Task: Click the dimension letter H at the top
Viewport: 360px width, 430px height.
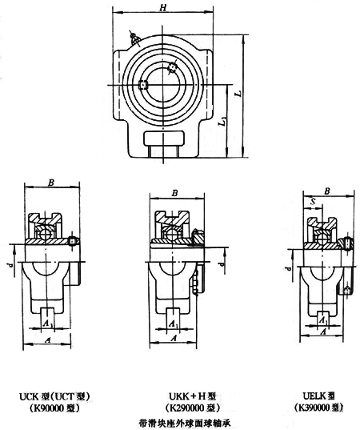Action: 163,8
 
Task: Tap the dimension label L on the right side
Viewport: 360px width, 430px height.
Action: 239,93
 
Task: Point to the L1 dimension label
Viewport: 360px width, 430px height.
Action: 223,121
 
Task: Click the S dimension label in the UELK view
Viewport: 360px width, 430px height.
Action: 314,202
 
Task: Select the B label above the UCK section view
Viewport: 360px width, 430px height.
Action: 51,183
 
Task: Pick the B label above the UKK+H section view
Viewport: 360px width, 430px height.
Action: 174,193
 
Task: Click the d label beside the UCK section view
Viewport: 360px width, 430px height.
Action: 10,265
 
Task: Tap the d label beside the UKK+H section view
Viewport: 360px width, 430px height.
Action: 222,263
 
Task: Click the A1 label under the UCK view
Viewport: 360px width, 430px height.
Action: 48,324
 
